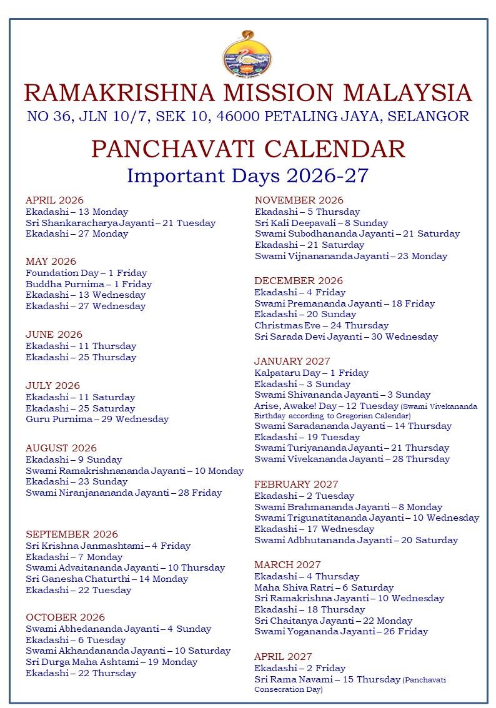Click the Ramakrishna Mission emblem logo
pyautogui.click(x=247, y=54)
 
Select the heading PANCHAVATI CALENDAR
pyautogui.click(x=248, y=149)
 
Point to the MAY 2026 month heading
pyautogui.click(x=51, y=262)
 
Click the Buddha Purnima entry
pyautogui.click(x=89, y=284)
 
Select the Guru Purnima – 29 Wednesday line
pyautogui.click(x=97, y=419)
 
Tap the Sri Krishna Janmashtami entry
pyautogui.click(x=108, y=546)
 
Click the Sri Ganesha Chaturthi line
pyautogui.click(x=107, y=579)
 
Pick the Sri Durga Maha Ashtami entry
pyautogui.click(x=111, y=662)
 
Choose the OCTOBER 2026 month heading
pyautogui.click(x=65, y=617)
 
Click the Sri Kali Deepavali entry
pyautogui.click(x=321, y=223)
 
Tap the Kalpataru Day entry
pyautogui.click(x=311, y=373)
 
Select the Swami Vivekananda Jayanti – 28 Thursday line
pyautogui.click(x=352, y=459)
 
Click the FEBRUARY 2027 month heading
pyautogui.click(x=296, y=484)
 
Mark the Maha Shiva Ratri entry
pyautogui.click(x=324, y=588)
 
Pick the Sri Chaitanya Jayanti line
pyautogui.click(x=333, y=621)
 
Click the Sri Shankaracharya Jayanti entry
pyautogui.click(x=121, y=223)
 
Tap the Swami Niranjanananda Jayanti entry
pyautogui.click(x=124, y=493)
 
